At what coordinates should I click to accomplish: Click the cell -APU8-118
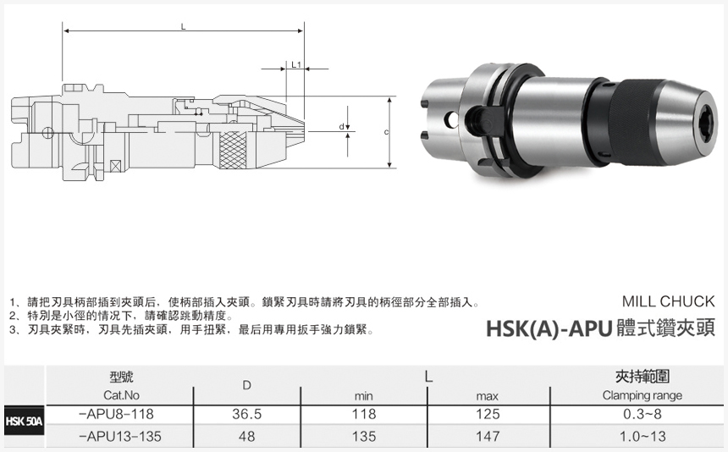118,415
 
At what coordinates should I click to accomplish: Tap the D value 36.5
246,415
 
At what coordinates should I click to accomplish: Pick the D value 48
246,437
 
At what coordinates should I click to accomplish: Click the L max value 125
488,415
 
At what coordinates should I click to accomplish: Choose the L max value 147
488,437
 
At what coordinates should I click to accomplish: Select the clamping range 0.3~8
642,415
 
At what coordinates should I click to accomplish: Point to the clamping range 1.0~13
642,437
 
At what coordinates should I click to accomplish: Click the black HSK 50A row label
24,421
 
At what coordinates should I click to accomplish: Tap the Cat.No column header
121,395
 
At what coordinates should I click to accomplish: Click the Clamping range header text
642,395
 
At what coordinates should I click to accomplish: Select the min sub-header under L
363,395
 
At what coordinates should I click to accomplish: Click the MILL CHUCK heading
668,301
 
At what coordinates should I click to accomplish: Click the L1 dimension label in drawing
295,64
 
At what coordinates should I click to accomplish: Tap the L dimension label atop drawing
183,26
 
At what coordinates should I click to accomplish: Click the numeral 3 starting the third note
13,329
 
